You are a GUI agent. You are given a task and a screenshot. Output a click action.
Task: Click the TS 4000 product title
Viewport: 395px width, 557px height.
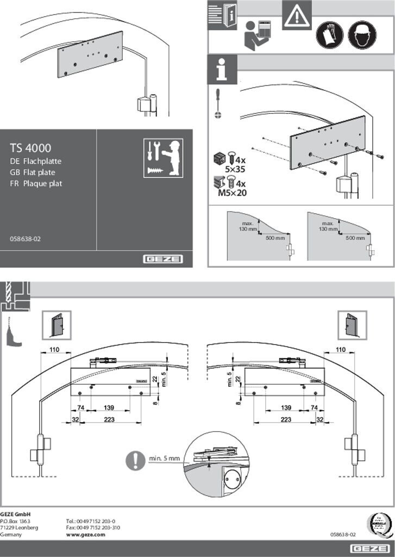(30, 147)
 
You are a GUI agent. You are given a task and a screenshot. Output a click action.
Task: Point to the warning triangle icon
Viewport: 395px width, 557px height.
(297, 16)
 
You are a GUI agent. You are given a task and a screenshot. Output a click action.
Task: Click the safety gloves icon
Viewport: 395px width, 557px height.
(329, 35)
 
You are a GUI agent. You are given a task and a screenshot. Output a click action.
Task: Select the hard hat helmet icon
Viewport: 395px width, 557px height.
(362, 35)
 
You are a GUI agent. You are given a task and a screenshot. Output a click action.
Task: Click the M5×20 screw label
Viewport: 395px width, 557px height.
(233, 192)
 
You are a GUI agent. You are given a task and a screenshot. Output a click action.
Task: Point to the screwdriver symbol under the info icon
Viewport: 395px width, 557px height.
(218, 103)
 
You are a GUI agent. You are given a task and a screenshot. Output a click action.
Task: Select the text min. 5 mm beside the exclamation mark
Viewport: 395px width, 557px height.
(164, 458)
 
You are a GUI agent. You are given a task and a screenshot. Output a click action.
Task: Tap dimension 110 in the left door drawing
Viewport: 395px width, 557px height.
(54, 349)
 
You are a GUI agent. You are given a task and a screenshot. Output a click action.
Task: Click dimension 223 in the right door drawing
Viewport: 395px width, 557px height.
(286, 419)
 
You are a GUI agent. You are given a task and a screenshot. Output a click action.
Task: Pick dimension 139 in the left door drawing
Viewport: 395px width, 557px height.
(109, 407)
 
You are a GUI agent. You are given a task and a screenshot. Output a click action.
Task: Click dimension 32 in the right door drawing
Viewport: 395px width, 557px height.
(320, 419)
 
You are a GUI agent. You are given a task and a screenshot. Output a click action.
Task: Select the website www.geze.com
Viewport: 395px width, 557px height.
(85, 535)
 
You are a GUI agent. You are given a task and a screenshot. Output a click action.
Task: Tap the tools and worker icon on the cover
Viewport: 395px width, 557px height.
(163, 158)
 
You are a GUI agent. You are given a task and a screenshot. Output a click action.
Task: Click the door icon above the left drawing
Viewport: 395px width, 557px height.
(57, 325)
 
